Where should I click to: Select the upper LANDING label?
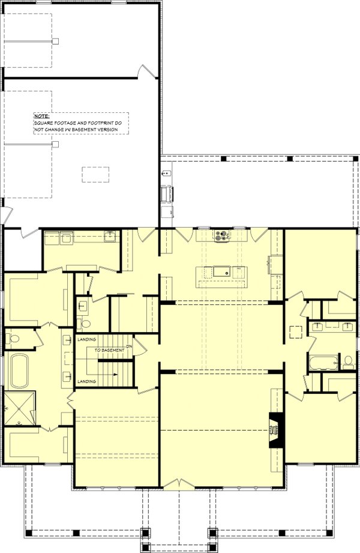[86, 340]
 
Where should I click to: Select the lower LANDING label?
[86, 381]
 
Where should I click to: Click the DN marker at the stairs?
[137, 345]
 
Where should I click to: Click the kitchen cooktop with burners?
[221, 235]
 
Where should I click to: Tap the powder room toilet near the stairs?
[83, 323]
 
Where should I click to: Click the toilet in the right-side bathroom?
[348, 362]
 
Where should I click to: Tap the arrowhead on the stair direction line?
[116, 374]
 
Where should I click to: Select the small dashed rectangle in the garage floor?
[95, 174]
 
